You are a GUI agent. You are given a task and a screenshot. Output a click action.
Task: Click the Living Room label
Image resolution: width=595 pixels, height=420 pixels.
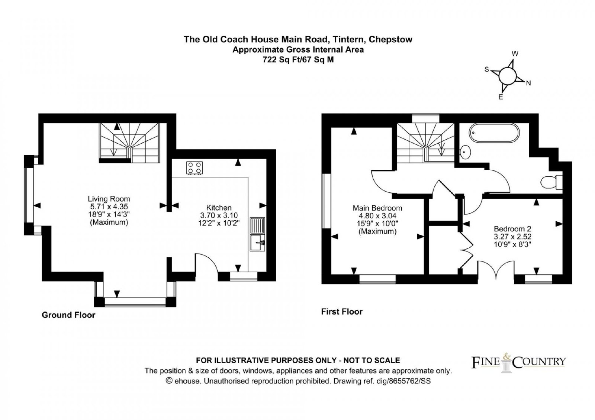(x=109, y=199)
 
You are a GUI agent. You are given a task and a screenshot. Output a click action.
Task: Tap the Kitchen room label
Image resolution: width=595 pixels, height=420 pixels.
(x=219, y=208)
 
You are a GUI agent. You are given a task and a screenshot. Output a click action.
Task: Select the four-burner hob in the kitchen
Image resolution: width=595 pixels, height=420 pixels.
(x=194, y=168)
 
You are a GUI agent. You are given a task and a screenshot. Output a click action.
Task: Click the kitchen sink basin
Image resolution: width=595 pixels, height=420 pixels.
(x=257, y=243)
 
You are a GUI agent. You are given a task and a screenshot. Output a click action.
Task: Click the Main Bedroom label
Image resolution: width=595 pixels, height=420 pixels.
(x=377, y=208)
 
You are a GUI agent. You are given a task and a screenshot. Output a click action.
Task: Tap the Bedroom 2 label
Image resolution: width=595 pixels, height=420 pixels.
(x=512, y=229)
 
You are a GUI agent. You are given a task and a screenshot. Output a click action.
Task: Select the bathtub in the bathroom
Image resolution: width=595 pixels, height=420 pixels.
(x=494, y=133)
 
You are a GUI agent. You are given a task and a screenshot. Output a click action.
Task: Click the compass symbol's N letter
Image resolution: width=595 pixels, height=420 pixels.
(x=528, y=83)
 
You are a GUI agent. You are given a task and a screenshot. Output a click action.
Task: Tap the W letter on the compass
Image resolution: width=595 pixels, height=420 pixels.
(x=515, y=54)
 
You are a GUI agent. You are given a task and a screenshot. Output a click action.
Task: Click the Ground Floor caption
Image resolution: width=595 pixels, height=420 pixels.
(x=68, y=315)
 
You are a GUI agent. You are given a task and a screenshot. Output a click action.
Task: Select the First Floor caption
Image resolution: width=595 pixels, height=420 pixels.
(x=342, y=312)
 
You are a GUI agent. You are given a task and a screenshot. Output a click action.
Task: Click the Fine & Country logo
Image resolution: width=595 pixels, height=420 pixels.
(x=518, y=361)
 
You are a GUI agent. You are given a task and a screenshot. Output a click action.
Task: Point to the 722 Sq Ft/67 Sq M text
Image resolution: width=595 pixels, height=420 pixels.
(x=298, y=59)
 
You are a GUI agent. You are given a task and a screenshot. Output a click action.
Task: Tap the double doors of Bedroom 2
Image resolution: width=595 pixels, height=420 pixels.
(x=496, y=270)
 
